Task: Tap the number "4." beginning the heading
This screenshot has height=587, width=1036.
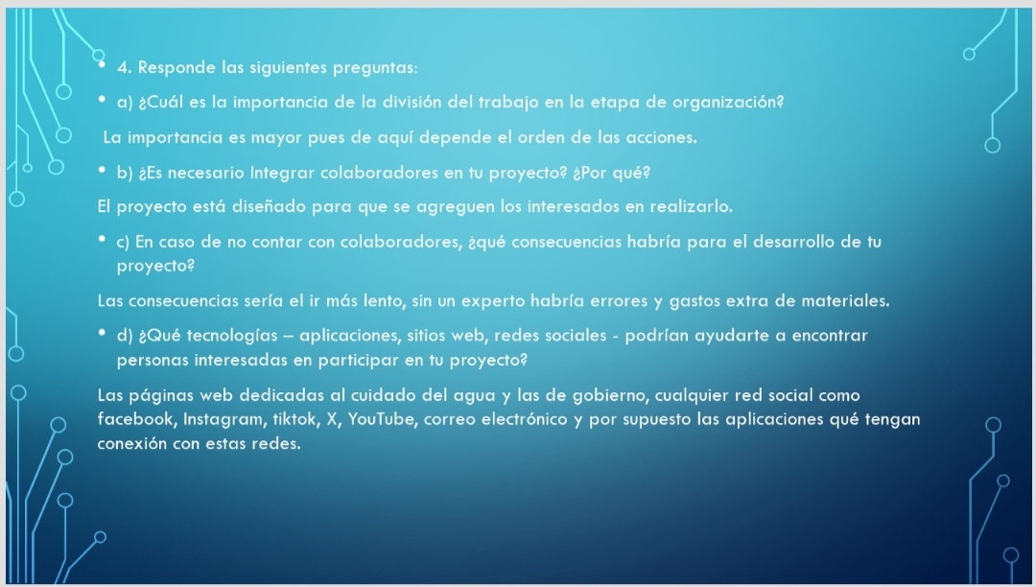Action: click(x=124, y=67)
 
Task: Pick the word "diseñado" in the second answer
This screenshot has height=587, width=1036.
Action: click(x=269, y=206)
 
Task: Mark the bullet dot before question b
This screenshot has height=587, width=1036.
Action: click(x=102, y=170)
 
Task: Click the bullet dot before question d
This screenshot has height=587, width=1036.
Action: click(x=102, y=333)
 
